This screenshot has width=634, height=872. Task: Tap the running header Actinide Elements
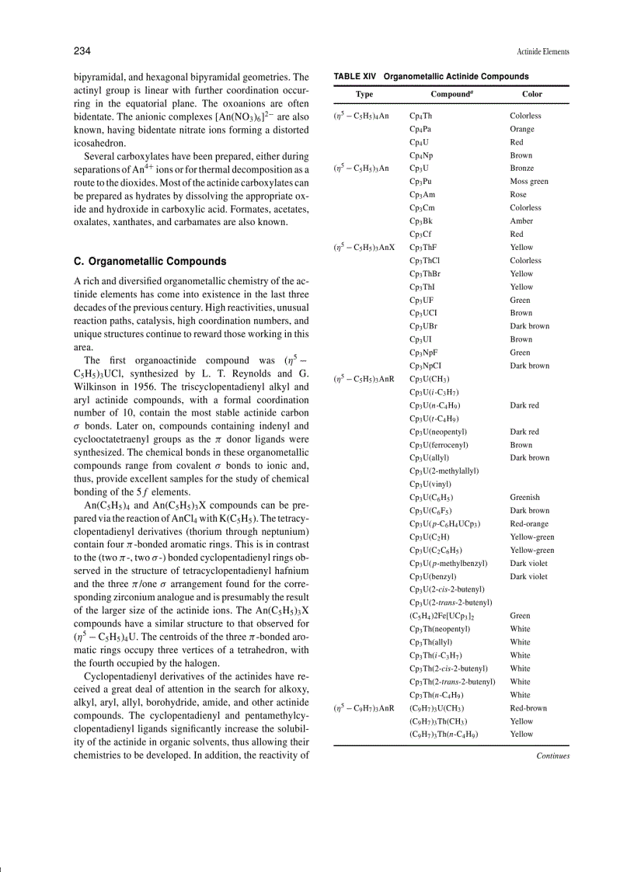coord(542,52)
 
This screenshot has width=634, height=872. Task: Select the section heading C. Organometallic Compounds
coord(150,261)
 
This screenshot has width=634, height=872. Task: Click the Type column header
coord(364,94)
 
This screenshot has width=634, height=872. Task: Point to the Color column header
coord(532,94)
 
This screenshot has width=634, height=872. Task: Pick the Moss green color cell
coord(529,182)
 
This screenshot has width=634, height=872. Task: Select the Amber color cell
coord(521,221)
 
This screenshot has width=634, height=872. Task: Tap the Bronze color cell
coord(522,168)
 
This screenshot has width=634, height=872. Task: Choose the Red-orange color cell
coord(529,524)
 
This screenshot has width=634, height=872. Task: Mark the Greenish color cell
coord(524,498)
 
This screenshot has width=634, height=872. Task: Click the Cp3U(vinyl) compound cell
coord(430,485)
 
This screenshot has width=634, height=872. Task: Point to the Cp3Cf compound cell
coord(421,235)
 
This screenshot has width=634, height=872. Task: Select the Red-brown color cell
coord(528,708)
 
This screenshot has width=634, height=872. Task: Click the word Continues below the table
coord(552,756)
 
